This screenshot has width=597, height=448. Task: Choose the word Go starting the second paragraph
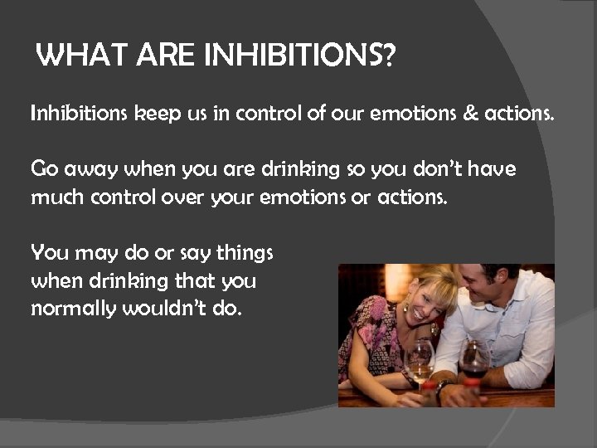tap(45, 170)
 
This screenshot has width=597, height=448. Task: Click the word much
tap(56, 198)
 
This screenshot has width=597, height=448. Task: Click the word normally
tap(74, 309)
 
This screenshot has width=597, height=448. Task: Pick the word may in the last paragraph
tap(88, 254)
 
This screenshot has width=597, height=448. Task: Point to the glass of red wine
tap(473, 360)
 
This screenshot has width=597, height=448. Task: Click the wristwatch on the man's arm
tap(444, 384)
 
